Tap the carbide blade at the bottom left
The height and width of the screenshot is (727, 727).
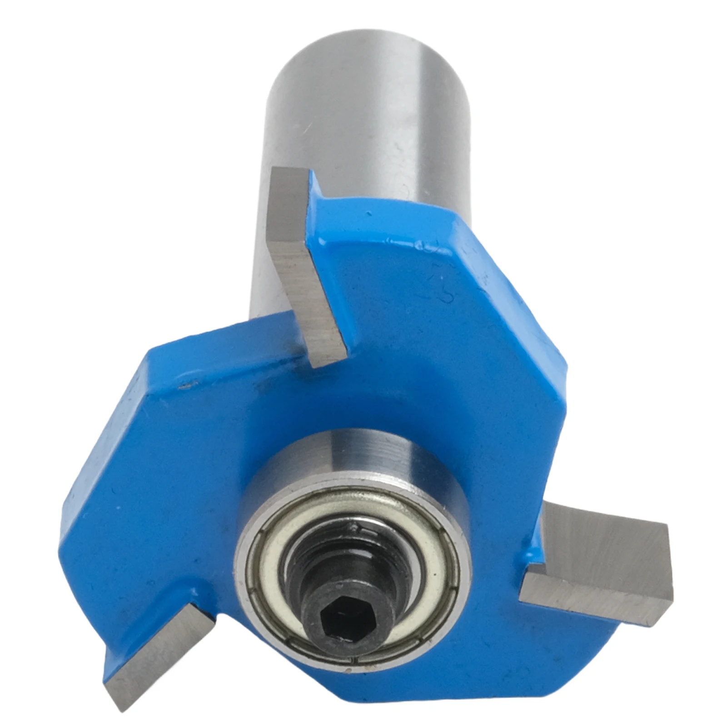(x=154, y=654)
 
